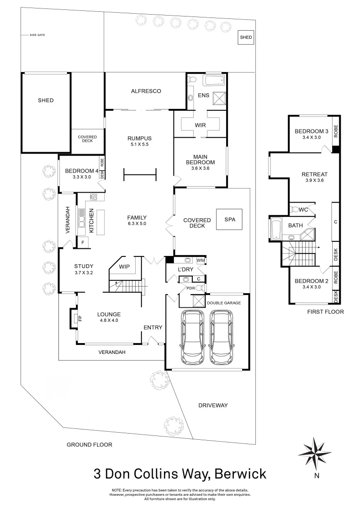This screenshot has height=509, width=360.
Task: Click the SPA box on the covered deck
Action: pos(229,220)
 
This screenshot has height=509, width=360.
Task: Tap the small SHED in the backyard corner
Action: pos(245,37)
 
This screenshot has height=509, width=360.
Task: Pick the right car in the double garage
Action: pos(222,337)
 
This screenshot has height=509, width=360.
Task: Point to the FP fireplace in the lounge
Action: pos(74,318)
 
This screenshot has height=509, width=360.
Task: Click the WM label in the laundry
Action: pos(201,260)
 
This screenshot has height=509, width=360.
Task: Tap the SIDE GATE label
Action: pos(37,35)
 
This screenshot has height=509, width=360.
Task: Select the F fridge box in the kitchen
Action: pos(83,242)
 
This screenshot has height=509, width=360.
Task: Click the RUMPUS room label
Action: pos(139,138)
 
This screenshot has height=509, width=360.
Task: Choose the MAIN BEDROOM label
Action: pos(200,160)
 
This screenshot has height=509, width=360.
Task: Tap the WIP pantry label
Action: pos(124,267)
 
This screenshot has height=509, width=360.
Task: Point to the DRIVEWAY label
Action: pos(213,405)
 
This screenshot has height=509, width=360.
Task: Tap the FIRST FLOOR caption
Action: pos(325,312)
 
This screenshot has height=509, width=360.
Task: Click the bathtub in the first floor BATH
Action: pos(275,230)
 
